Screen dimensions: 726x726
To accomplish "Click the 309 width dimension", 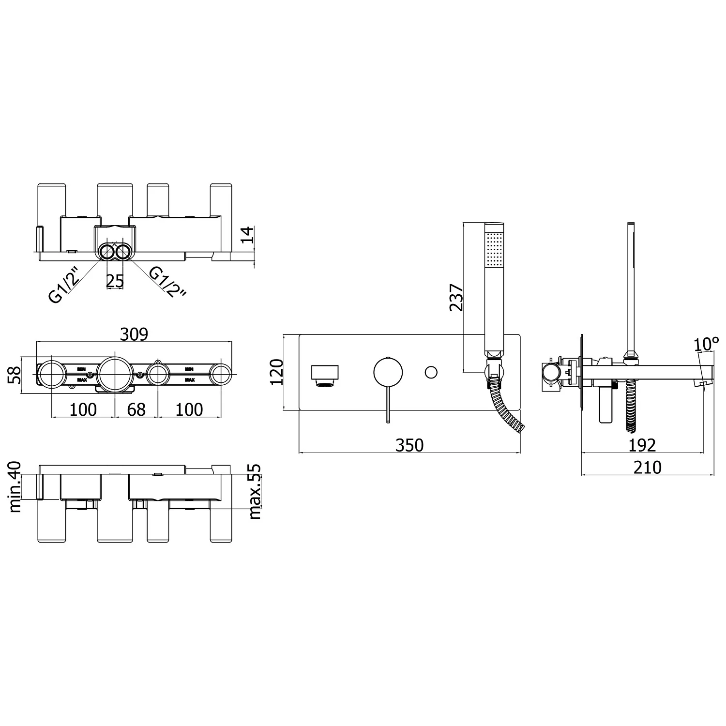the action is coord(134,334).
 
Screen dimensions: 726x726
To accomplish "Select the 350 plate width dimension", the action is coord(409,445).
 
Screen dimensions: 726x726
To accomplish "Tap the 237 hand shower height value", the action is coord(456,297).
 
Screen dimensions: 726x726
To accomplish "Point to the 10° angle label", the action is coord(706,344).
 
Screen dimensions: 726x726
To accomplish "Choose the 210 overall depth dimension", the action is coord(647,467).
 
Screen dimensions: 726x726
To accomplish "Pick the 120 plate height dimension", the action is coord(276,372).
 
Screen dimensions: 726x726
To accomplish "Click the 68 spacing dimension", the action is coord(136,409).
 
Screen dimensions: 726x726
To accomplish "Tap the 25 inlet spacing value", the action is coord(115,281).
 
